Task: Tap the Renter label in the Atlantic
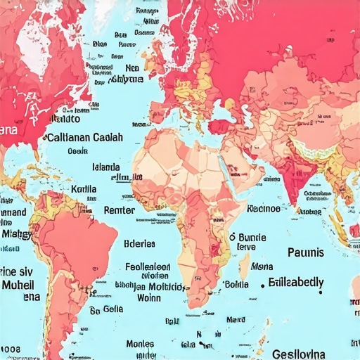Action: point(119,210)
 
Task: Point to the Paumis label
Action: point(306,252)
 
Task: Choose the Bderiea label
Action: point(139,244)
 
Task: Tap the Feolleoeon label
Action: point(147,267)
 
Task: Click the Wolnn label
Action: point(148,297)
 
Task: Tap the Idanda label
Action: point(105,168)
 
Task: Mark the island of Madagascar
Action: point(244,268)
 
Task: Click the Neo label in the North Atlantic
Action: point(132,68)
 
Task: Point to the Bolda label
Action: point(235,284)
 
